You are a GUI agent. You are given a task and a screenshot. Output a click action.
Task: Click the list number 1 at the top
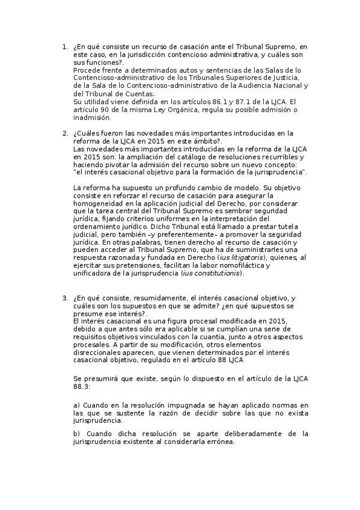point(64,47)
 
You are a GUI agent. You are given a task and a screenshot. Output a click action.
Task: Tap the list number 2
point(64,134)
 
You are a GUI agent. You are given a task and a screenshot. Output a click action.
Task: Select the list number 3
point(64,298)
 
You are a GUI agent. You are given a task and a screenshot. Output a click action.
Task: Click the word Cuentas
point(138,94)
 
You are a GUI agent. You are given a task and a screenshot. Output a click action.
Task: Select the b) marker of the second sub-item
point(77,433)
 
